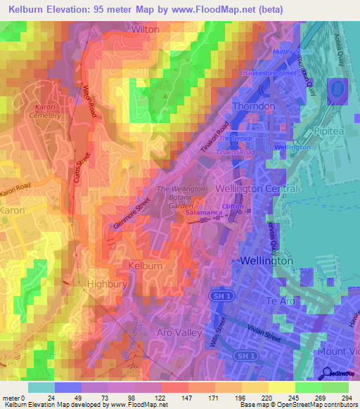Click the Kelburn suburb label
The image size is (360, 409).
(x=146, y=265)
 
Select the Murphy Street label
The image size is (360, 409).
(x=291, y=52)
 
